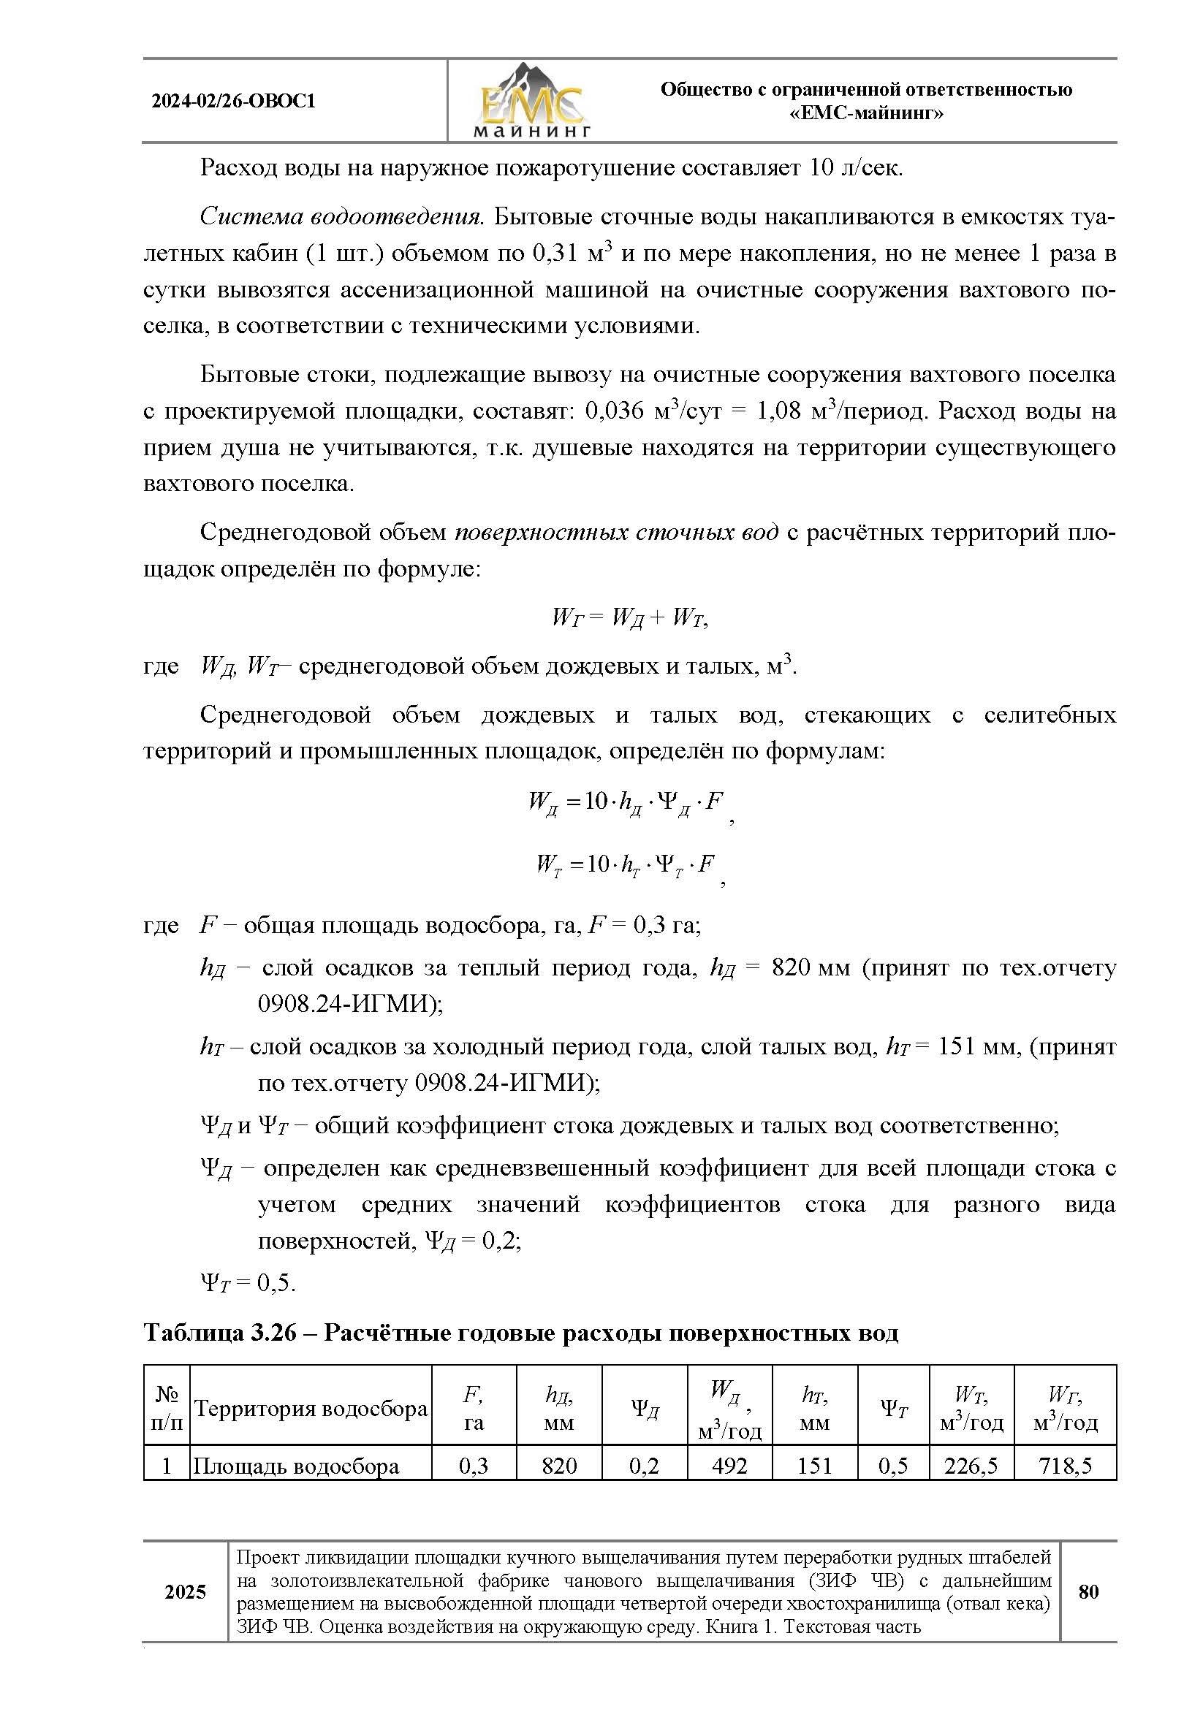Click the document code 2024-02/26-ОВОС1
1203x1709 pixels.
pos(234,102)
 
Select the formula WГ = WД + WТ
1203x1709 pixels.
pos(629,617)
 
